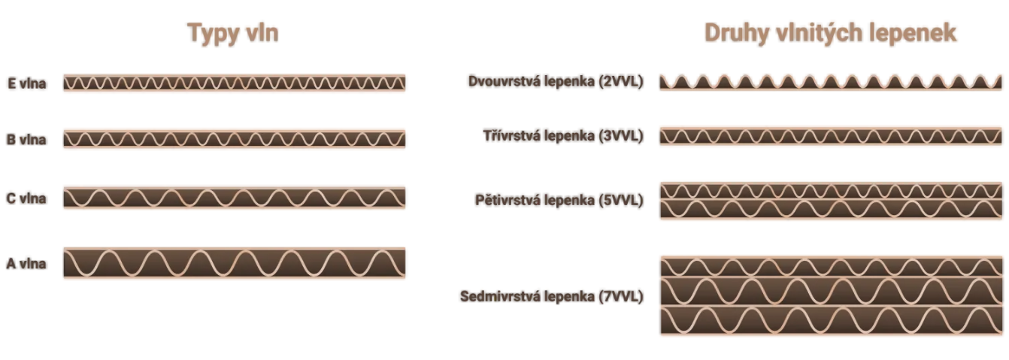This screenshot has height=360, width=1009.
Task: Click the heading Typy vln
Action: coord(233,33)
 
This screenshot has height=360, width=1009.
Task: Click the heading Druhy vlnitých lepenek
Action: coord(830,33)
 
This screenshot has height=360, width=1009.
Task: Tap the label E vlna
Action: coord(27,83)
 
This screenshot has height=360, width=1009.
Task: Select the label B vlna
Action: coord(26,140)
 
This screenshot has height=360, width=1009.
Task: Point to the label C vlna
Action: coord(26,198)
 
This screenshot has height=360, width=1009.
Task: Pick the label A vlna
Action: coord(26,263)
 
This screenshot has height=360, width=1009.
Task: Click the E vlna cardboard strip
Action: coord(235,83)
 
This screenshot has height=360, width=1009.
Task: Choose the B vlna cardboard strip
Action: coord(235,139)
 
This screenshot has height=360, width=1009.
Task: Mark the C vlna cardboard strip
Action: coord(235,198)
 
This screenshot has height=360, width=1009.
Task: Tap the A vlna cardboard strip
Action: coord(235,263)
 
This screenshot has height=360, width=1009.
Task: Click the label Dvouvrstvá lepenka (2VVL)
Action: coord(556,81)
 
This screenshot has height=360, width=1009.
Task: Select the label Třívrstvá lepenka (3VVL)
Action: coord(563,135)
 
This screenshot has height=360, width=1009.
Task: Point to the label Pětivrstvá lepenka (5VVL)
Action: coord(559,200)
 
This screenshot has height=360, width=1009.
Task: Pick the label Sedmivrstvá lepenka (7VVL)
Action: coord(552,297)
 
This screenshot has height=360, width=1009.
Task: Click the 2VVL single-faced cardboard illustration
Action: coord(831,83)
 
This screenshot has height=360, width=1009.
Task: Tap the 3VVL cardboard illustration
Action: coord(831,136)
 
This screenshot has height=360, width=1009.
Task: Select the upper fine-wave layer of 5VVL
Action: coord(831,191)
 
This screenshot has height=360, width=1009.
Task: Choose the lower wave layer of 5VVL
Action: coord(831,209)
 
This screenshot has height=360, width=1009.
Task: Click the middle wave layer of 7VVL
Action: coord(831,292)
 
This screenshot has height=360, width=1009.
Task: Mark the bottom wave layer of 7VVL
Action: coord(831,320)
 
